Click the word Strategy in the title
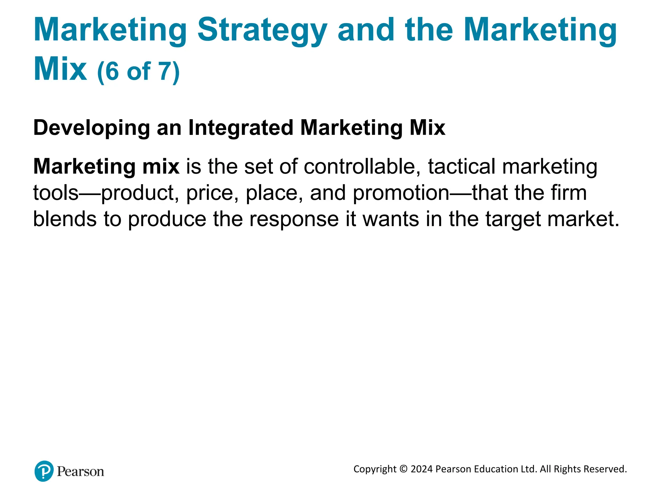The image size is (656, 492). (262, 30)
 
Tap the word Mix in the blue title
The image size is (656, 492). (60, 69)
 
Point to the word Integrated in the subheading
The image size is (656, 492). (241, 128)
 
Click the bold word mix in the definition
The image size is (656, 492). (160, 167)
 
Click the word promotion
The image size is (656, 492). (401, 193)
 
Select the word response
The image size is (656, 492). (294, 220)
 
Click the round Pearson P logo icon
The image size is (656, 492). (44, 471)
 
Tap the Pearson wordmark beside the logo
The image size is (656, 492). (80, 471)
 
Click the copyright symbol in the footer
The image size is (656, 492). (404, 469)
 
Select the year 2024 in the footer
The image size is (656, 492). (422, 469)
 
